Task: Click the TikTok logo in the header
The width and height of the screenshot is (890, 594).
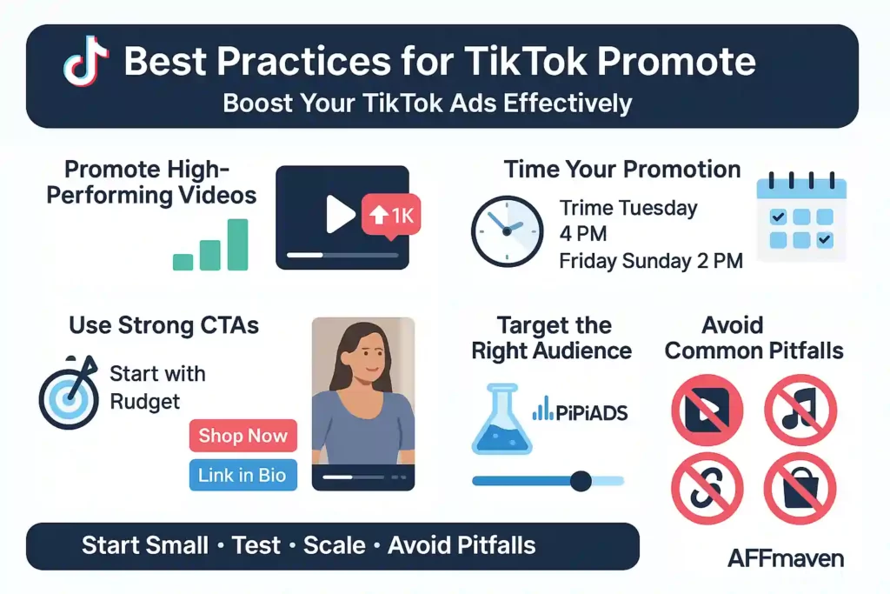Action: (x=86, y=63)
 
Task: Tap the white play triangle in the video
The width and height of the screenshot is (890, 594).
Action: (x=340, y=214)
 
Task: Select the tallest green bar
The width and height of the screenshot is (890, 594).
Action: (x=237, y=244)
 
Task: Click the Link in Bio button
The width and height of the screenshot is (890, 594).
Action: (x=242, y=475)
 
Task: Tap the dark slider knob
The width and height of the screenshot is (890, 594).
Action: (x=581, y=480)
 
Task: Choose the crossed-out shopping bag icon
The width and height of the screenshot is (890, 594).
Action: (x=800, y=489)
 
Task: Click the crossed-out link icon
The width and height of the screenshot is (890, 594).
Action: (x=707, y=489)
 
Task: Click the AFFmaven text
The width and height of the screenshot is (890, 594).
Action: (x=785, y=557)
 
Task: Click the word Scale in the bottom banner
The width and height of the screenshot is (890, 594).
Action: (x=335, y=545)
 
